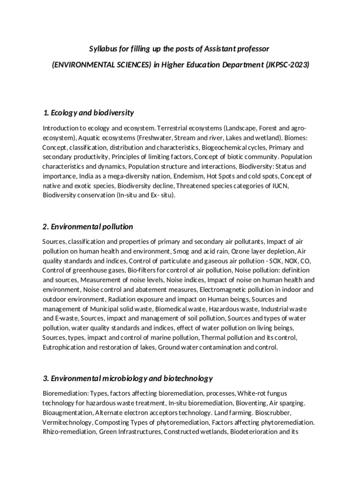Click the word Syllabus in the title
coord(103,49)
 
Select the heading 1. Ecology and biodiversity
coord(89,112)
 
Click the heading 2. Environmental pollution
coord(88,226)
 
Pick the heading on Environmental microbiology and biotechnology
coord(127,378)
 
